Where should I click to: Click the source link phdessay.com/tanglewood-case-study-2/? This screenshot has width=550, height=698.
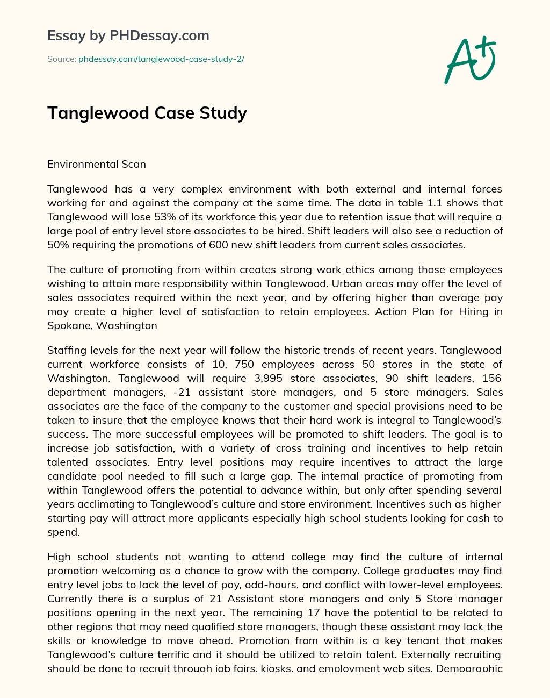click(161, 59)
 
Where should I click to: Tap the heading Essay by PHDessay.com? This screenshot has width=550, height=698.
click(128, 36)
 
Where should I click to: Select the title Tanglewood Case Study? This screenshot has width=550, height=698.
click(147, 113)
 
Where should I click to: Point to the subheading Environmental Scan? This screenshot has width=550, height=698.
click(97, 164)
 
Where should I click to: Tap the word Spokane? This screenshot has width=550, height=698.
click(66, 325)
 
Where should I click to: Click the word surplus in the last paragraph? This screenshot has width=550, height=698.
click(170, 599)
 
